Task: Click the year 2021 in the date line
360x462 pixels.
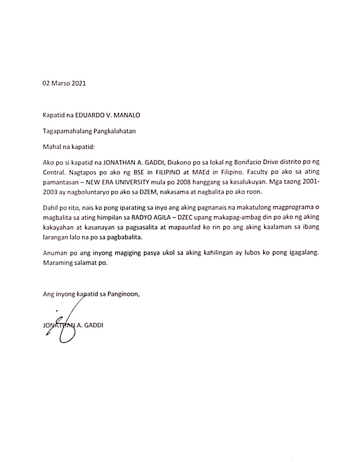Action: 78,83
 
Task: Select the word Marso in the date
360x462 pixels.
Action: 60,83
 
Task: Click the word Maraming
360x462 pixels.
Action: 58,263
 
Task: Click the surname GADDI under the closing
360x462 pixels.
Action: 94,325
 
